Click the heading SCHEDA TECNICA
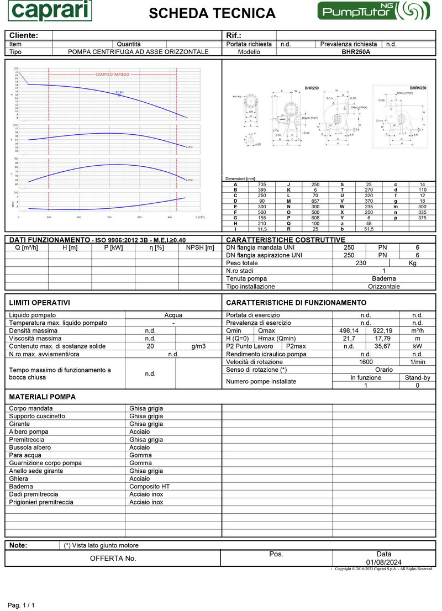212,13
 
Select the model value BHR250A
356,52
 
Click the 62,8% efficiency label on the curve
119,92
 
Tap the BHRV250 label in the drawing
418,88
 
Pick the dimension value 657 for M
315,201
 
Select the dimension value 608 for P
315,218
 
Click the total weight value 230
360,263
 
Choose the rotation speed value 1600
366,362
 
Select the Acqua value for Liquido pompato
173,315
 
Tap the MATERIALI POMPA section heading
43,397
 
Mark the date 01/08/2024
383,562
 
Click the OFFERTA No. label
113,559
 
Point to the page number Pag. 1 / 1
21,605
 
